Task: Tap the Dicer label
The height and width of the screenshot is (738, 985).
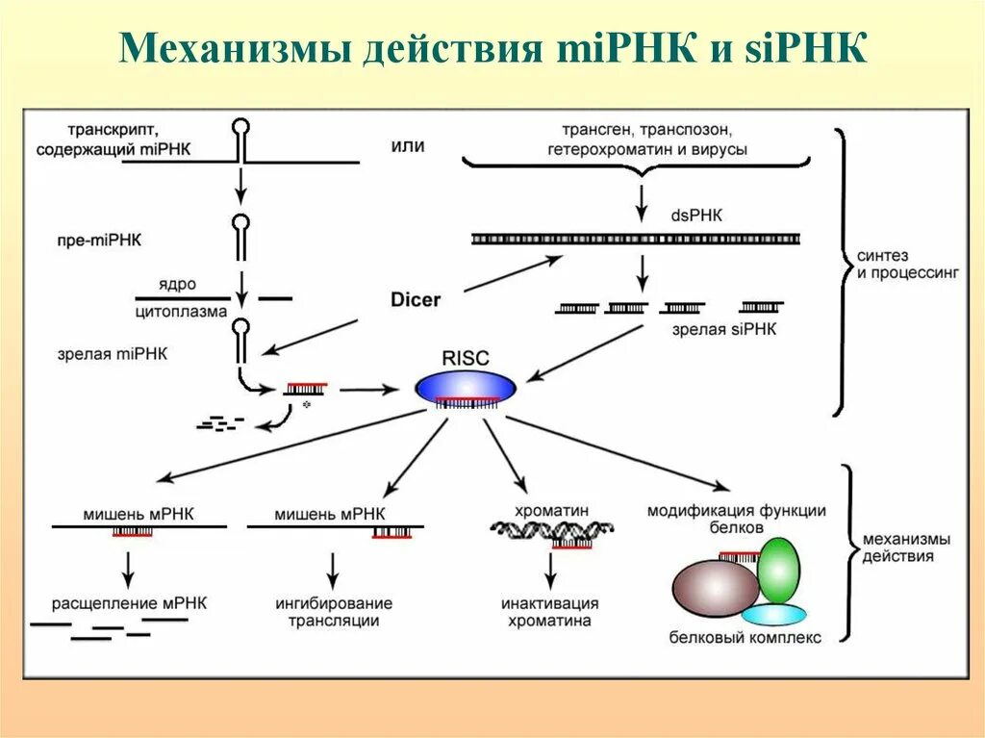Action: tap(416, 299)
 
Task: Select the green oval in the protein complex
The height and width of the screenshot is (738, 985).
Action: tap(778, 569)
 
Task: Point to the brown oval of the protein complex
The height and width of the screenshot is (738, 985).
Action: tap(715, 587)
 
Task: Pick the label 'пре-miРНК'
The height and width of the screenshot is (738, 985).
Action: tap(98, 239)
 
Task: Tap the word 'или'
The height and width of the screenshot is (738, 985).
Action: tap(408, 145)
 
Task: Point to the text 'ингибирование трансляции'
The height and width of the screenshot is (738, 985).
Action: tap(333, 612)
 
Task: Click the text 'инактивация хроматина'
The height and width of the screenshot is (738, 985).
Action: tap(550, 612)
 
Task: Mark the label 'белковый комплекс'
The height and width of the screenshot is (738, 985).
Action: tap(746, 637)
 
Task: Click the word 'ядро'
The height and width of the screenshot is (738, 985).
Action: tap(180, 284)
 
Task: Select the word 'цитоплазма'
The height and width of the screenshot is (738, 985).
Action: tap(181, 312)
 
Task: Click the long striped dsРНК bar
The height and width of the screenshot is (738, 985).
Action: tap(636, 239)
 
